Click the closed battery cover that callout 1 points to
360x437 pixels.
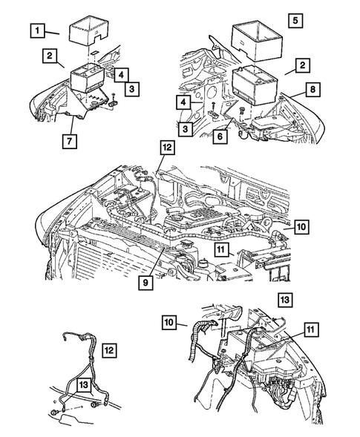point(89,30)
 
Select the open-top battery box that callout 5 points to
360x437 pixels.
point(254,44)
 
